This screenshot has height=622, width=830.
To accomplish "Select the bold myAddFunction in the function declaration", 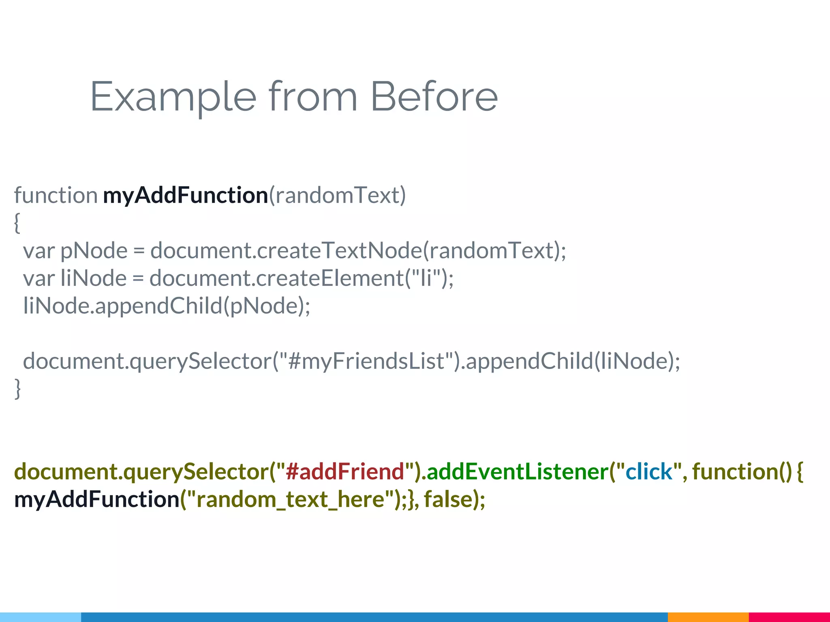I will [x=185, y=196].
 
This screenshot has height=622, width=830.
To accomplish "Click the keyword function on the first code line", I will [x=56, y=196].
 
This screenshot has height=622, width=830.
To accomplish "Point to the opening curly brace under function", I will [x=17, y=223].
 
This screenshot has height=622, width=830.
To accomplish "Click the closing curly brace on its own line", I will [x=17, y=388].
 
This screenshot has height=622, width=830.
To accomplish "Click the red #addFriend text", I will [x=344, y=472].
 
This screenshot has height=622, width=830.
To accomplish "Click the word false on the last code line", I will [x=447, y=499].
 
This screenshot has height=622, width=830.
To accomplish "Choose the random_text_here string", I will [x=290, y=499].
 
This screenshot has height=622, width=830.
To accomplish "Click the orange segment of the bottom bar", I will [x=708, y=617].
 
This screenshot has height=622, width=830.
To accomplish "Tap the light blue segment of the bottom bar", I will [x=41, y=617].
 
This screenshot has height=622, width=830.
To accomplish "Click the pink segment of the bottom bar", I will [x=789, y=617].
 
